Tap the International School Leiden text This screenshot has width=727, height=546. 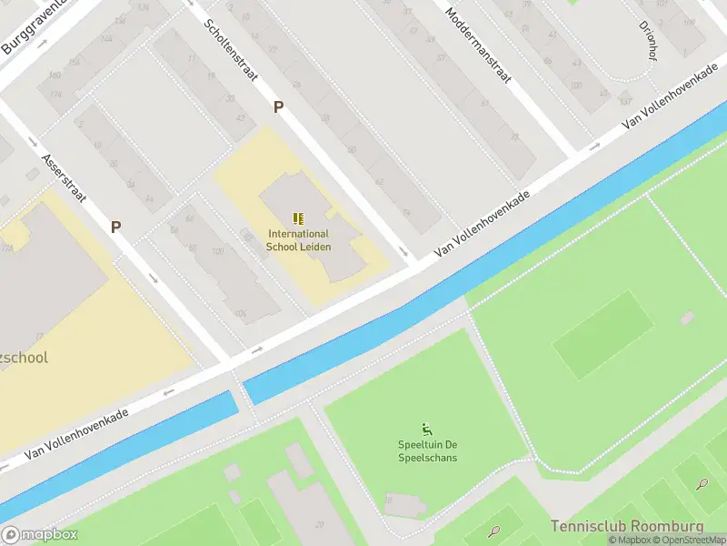tap(298, 240)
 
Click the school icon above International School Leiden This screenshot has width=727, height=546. tap(298, 218)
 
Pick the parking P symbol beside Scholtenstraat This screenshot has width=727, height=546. tap(279, 106)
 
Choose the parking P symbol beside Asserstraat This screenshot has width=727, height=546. tap(116, 227)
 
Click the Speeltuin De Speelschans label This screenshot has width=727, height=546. tap(427, 450)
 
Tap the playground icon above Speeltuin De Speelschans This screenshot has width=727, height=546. tap(426, 429)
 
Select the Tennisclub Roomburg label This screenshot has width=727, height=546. tap(627, 527)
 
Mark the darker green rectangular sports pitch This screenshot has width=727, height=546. tap(603, 334)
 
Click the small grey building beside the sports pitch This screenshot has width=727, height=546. tap(687, 318)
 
